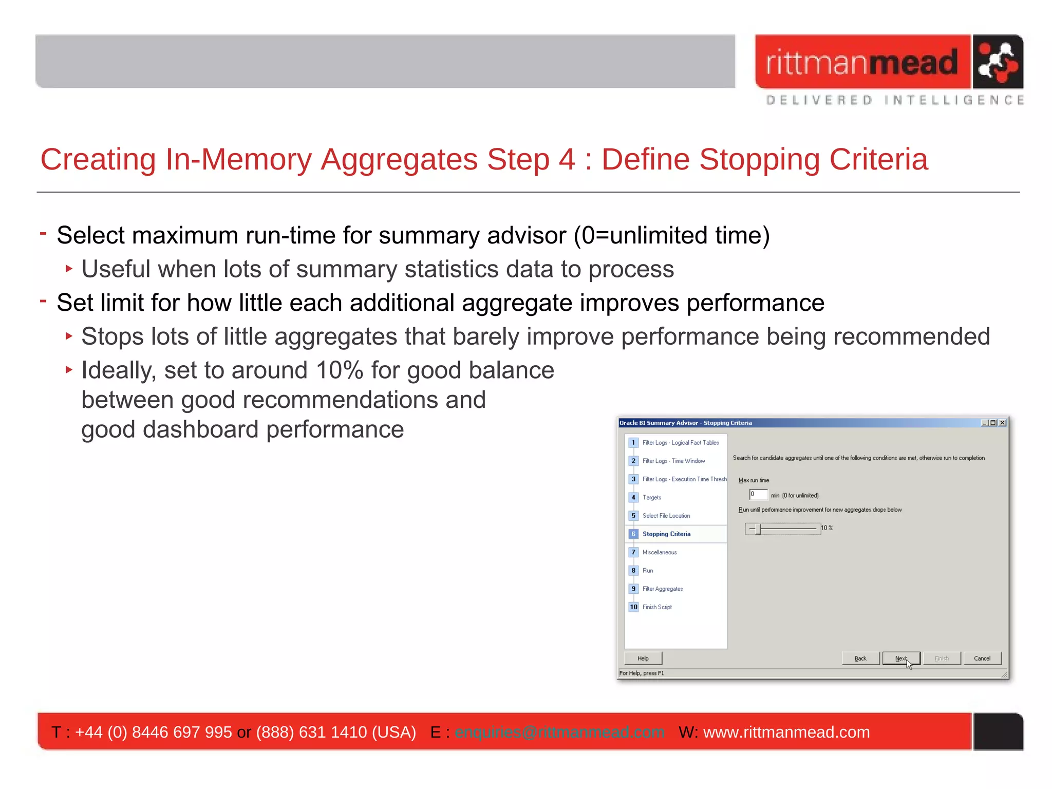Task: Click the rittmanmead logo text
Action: click(x=862, y=62)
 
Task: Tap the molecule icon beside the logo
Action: click(x=997, y=62)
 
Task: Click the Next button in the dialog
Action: click(x=900, y=659)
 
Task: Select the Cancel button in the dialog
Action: click(x=982, y=659)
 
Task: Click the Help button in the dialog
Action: click(x=643, y=659)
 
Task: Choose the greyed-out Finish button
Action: click(x=941, y=659)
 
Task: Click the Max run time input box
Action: click(x=758, y=495)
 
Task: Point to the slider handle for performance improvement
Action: click(x=758, y=529)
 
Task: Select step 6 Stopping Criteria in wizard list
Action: click(x=666, y=534)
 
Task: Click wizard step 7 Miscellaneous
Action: click(x=660, y=553)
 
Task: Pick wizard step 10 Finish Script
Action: click(x=657, y=607)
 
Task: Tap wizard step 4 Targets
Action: click(x=651, y=498)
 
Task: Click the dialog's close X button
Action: click(x=1002, y=423)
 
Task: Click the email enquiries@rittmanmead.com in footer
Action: click(x=559, y=732)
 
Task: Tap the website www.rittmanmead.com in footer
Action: click(x=786, y=732)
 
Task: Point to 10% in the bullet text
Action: click(x=340, y=370)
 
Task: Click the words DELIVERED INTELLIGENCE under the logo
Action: click(x=894, y=100)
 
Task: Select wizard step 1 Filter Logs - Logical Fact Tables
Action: click(x=680, y=443)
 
